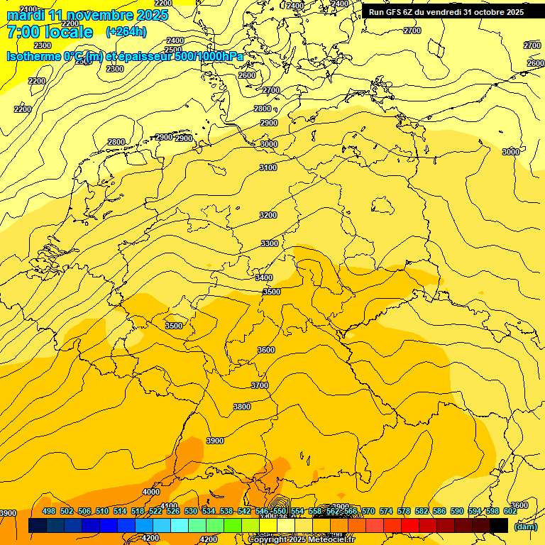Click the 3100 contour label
[x=268, y=167]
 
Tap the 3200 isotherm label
[x=268, y=215]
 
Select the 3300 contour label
[x=270, y=243]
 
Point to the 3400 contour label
[x=264, y=277]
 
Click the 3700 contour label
[x=260, y=385]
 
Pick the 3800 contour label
[x=242, y=407]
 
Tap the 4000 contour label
[x=151, y=492]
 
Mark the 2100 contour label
[x=29, y=9]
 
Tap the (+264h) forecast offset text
[x=126, y=32]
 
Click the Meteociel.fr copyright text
[x=326, y=540]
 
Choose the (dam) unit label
[x=525, y=526]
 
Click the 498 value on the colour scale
[x=48, y=511]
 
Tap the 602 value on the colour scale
[x=510, y=511]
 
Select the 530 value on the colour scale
[x=191, y=511]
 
